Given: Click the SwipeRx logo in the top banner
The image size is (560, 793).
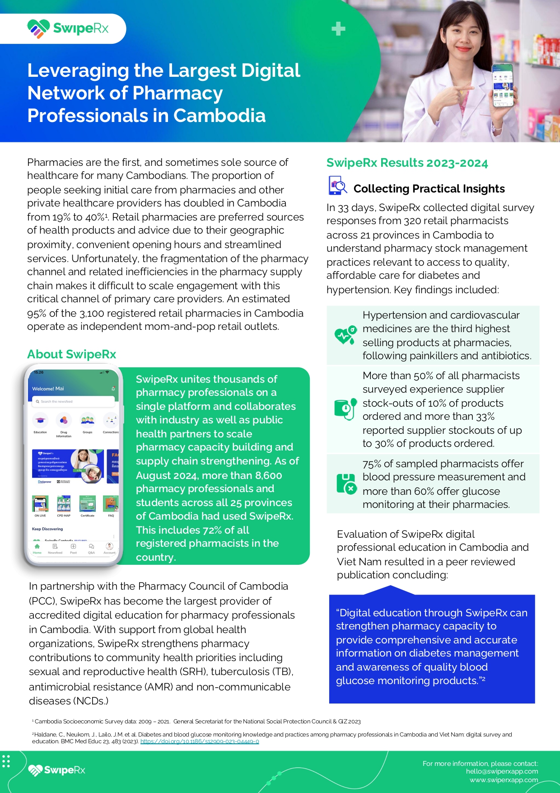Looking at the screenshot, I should (x=68, y=28).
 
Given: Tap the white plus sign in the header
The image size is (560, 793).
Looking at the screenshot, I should (x=338, y=29).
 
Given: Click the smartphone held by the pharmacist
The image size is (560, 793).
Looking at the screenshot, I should (x=502, y=85).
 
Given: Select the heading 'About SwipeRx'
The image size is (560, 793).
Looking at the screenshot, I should (x=72, y=354).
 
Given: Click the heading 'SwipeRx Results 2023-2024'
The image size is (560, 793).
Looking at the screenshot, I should (x=407, y=163).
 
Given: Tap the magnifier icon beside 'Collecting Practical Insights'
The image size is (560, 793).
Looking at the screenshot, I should (x=337, y=186).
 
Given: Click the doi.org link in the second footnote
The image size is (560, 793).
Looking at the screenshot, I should (x=200, y=741).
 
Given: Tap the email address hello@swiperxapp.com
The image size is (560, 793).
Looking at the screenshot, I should (x=502, y=771).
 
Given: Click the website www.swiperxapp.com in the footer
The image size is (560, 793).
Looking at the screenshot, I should (x=504, y=780).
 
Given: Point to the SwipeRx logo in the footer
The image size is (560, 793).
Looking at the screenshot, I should (x=57, y=770).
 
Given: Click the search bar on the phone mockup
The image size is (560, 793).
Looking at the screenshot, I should (x=73, y=401).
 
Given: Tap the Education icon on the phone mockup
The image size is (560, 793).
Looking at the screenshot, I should (x=40, y=421).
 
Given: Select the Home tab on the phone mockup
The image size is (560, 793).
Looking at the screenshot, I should (x=37, y=548).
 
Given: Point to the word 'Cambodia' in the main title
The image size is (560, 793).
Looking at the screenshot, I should (x=219, y=116).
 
